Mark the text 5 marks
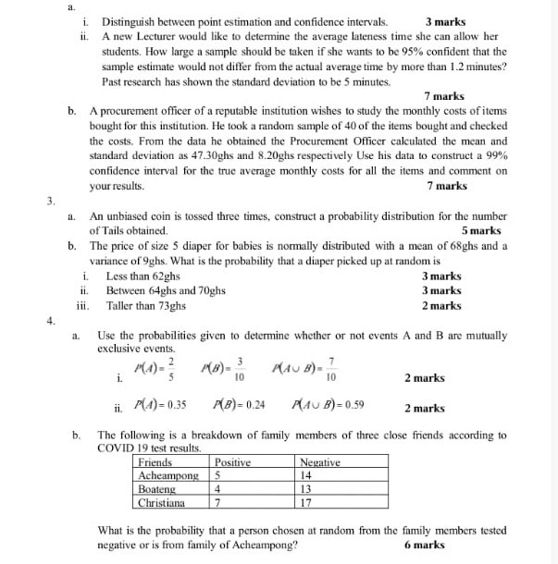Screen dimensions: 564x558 click(480, 230)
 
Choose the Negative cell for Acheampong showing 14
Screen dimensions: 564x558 click(306, 475)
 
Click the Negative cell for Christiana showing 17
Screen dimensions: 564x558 click(306, 503)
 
